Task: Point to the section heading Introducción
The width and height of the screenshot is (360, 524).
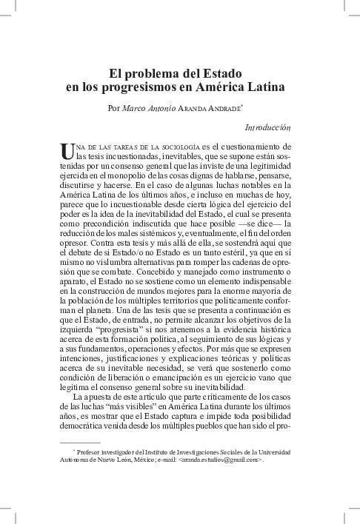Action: (x=267, y=128)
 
